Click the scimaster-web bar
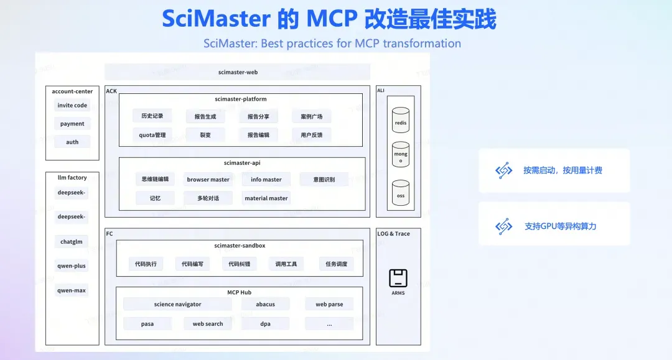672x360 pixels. tap(238, 72)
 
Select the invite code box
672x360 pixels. tap(72, 105)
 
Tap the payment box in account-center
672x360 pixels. tap(72, 124)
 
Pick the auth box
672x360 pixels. tap(72, 142)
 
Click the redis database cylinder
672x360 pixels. tap(401, 120)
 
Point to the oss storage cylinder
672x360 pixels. tap(401, 193)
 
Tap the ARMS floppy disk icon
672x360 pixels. tap(398, 279)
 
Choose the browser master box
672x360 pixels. tap(208, 179)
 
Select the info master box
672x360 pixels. tap(266, 179)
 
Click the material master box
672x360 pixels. tap(266, 198)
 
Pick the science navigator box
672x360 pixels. tap(177, 304)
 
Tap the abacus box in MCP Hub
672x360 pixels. tap(265, 304)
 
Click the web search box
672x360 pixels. tap(208, 323)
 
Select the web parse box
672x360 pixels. tap(329, 304)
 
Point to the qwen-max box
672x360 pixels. tap(72, 290)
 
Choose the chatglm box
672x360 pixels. tap(72, 241)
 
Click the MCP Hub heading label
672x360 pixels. tap(239, 292)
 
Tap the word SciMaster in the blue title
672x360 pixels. tap(216, 19)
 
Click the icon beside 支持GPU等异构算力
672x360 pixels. tap(503, 226)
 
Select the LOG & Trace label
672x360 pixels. tap(393, 234)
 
